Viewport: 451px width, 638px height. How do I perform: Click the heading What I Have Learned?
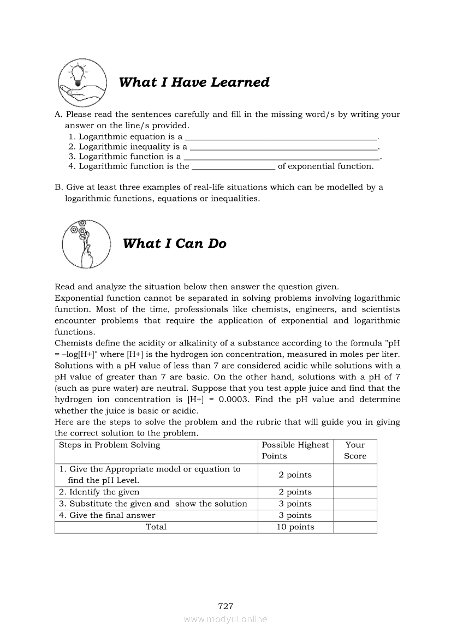194,82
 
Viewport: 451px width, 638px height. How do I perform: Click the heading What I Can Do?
174,244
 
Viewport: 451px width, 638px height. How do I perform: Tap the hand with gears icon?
83,244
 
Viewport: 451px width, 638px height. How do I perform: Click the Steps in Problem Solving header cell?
110,445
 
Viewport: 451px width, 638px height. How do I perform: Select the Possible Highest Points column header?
295,450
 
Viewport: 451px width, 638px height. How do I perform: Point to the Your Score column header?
355,450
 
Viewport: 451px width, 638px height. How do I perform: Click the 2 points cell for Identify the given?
295,492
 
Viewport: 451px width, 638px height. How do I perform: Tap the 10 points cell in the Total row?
295,527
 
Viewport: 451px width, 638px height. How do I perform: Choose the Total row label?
156,527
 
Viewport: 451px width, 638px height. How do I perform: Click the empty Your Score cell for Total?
355,527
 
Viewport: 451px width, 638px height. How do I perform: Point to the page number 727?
226,606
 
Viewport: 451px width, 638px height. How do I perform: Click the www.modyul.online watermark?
226,619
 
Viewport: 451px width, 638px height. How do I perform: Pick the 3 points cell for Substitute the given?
295,504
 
